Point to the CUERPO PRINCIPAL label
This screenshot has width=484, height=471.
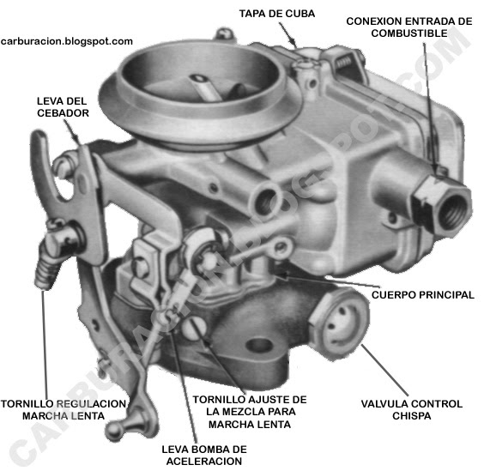pos(422,294)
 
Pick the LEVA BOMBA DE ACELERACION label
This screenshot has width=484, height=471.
pos(204,456)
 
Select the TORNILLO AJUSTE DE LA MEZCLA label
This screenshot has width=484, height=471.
pos(249,407)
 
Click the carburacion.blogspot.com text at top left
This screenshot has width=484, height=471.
pos(68,40)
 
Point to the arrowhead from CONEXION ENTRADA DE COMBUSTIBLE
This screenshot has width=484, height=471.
pos(435,171)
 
